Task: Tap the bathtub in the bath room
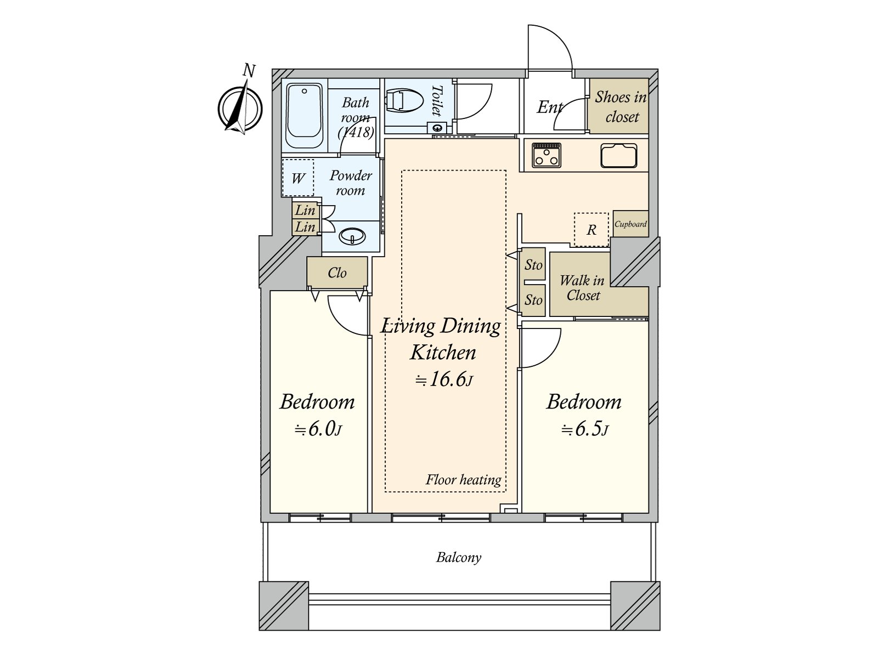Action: [x=305, y=116]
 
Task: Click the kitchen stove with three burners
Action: [x=547, y=155]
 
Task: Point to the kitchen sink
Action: [x=619, y=156]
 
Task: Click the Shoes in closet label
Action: [x=621, y=106]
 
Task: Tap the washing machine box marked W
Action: [x=298, y=178]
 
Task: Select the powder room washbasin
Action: [x=352, y=236]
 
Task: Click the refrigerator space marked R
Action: [x=592, y=230]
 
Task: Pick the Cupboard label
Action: [x=631, y=224]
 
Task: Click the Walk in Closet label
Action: [x=583, y=288]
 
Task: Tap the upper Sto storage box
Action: [x=533, y=265]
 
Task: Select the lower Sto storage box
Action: [x=533, y=300]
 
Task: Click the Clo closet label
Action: [x=337, y=273]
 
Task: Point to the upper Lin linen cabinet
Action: [x=305, y=210]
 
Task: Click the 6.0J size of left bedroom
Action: [x=318, y=429]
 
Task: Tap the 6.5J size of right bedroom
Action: [x=584, y=429]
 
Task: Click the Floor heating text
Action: [x=463, y=480]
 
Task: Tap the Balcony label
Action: [x=459, y=558]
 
